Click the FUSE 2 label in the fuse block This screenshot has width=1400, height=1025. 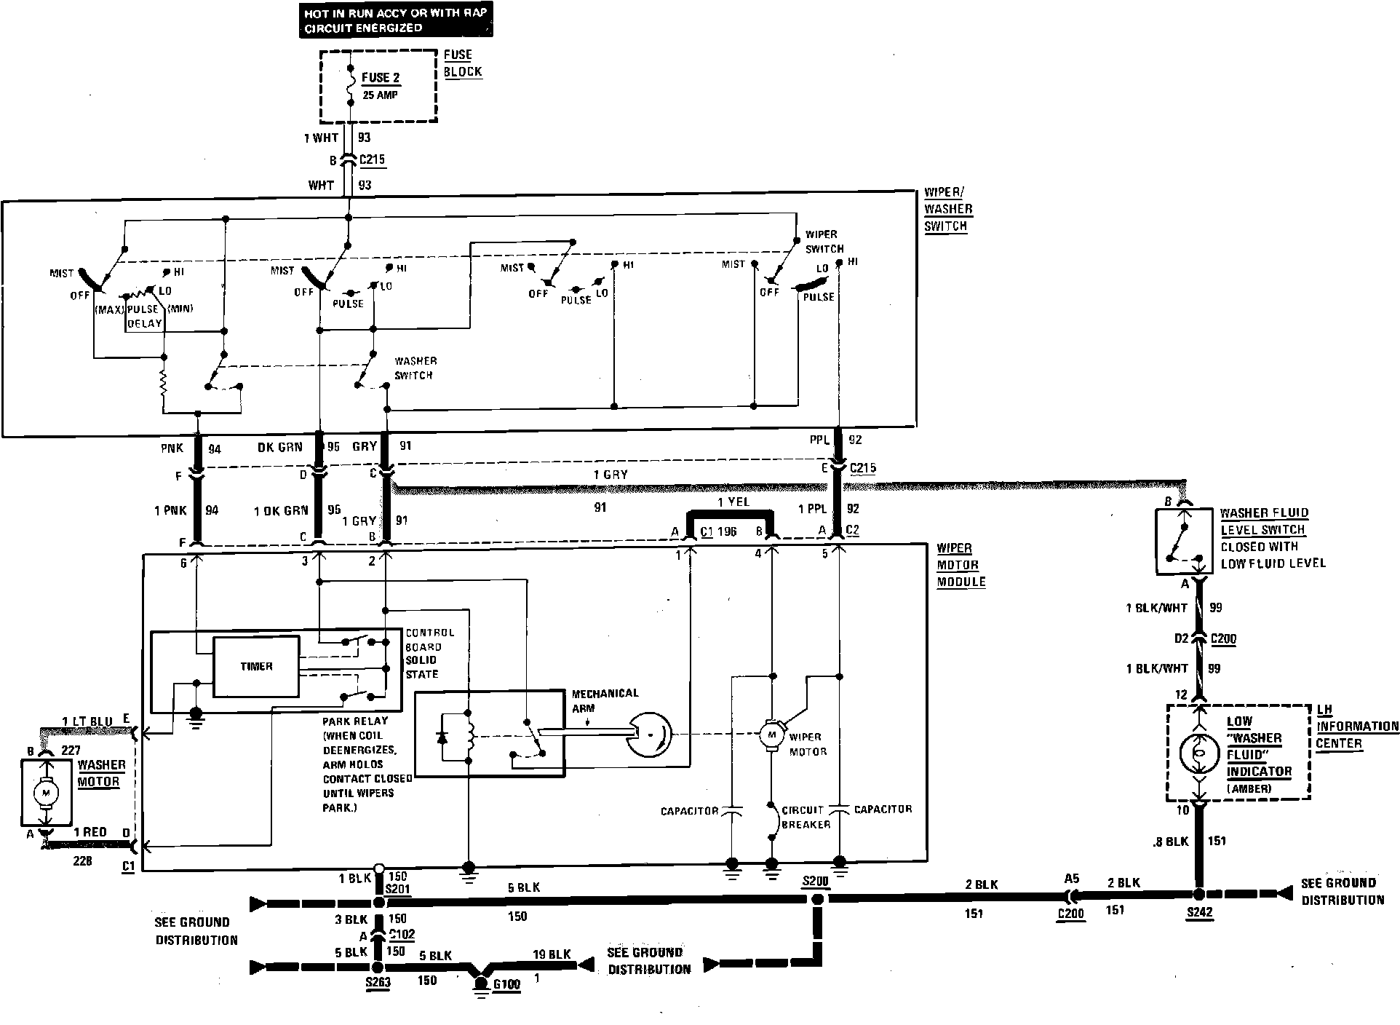pyautogui.click(x=381, y=78)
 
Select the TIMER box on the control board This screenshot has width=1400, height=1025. pyautogui.click(x=256, y=666)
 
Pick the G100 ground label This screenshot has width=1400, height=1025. pyautogui.click(x=506, y=985)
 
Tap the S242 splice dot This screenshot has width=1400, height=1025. pyautogui.click(x=1198, y=894)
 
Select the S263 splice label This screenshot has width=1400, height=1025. pyautogui.click(x=378, y=983)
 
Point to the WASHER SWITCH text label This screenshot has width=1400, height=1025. pyautogui.click(x=415, y=368)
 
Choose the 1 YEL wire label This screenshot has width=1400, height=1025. pyautogui.click(x=733, y=502)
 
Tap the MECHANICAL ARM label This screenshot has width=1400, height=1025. pyautogui.click(x=605, y=700)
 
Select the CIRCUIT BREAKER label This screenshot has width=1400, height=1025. pyautogui.click(x=806, y=817)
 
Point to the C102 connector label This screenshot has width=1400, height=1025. pyautogui.click(x=401, y=935)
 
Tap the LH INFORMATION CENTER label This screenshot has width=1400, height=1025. pyautogui.click(x=1356, y=727)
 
